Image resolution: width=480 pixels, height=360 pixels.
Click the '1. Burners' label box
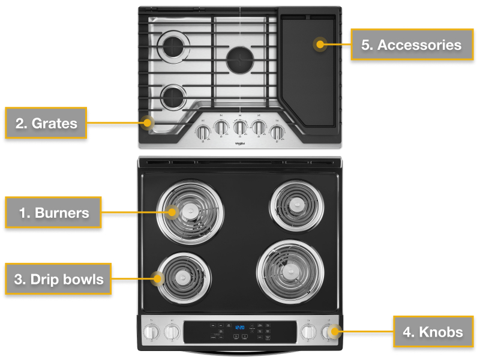(x=53, y=212)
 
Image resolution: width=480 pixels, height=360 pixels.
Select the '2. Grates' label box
(x=46, y=124)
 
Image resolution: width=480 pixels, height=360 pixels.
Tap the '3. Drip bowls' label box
(x=58, y=279)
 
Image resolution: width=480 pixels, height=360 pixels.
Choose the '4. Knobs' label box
(x=433, y=331)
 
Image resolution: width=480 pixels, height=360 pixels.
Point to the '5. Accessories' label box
(x=411, y=44)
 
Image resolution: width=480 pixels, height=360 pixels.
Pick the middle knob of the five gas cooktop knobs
(x=240, y=128)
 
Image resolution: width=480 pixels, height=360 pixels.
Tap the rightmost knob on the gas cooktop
(x=277, y=131)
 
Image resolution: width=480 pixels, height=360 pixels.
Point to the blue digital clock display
(x=239, y=328)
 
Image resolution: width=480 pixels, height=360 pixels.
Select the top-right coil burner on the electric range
(x=295, y=205)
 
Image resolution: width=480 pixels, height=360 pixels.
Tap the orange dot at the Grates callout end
(x=148, y=124)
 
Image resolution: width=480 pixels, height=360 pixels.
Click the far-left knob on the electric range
(x=151, y=331)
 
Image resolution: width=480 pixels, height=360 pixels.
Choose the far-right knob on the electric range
(x=329, y=331)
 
